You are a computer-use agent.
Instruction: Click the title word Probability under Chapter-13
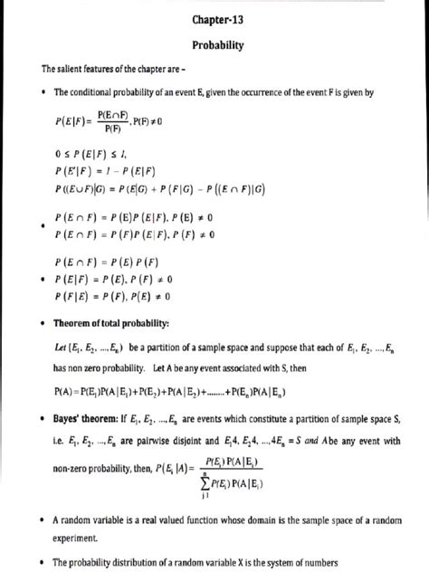215,44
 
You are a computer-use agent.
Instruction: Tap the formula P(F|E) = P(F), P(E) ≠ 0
112,296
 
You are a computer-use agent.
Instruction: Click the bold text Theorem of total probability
124,322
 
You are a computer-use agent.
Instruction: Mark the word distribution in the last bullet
138,562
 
